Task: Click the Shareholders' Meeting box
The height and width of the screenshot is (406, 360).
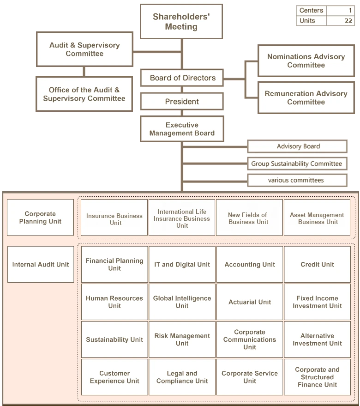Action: (181, 22)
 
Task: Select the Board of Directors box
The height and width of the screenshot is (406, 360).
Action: (182, 78)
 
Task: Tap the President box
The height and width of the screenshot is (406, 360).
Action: (182, 102)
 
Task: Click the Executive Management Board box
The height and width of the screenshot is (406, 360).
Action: (182, 129)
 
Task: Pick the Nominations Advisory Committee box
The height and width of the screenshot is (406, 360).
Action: (306, 61)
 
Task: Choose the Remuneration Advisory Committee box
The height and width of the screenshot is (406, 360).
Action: (306, 97)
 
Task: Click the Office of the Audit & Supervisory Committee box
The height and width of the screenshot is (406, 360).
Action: (84, 94)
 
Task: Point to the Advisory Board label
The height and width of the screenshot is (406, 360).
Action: (298, 146)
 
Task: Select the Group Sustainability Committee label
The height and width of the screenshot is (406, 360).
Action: (296, 164)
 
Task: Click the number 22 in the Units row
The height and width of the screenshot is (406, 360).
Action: (348, 21)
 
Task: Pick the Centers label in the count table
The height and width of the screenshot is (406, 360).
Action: (311, 10)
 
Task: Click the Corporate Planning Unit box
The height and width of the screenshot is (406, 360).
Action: (40, 218)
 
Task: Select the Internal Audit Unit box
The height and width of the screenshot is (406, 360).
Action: (40, 265)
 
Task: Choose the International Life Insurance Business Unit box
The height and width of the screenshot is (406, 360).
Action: (182, 218)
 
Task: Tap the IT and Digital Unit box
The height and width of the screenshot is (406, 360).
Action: (182, 265)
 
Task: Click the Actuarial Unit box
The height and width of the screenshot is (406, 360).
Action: (250, 302)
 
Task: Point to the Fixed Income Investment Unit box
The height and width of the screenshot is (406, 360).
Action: (317, 302)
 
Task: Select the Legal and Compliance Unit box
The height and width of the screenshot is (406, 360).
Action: (182, 377)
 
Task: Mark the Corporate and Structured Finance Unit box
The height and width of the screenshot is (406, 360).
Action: (317, 377)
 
